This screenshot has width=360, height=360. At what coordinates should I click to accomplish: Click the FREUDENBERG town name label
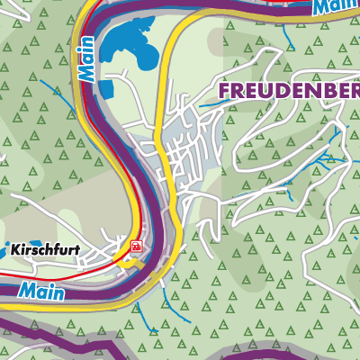coord(288,91)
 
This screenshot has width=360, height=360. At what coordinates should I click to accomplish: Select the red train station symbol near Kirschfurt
coord(136,246)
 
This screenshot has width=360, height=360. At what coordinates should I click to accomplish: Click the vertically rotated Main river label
coord(87,59)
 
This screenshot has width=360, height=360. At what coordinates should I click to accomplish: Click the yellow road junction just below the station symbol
coord(133,264)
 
